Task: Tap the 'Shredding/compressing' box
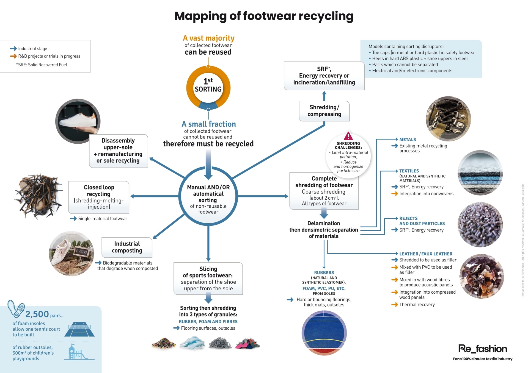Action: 324,111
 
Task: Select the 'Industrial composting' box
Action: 127,247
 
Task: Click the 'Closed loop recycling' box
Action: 98,197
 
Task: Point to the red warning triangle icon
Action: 348,136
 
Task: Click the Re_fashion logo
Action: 483,349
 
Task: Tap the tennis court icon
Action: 79,329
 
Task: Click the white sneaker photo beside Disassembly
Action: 78,121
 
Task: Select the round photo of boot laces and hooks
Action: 448,119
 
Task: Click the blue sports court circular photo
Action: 324,333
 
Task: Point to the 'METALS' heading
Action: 408,140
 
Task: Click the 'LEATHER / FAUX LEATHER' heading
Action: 426,254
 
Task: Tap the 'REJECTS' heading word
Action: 408,218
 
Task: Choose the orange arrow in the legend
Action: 13,56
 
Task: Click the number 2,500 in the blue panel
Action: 37,314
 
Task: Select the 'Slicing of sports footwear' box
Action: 208,279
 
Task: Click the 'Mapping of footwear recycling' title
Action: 264,16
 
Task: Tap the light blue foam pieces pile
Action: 193,344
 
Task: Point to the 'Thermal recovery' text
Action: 417,305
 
